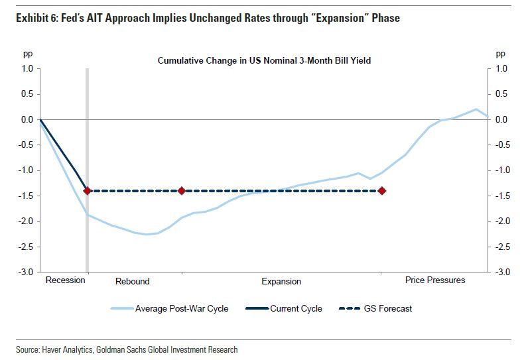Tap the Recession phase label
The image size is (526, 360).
coord(65,280)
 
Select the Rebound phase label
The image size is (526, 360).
coord(133,281)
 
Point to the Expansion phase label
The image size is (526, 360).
coord(281,281)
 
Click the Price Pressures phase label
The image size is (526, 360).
coord(435,280)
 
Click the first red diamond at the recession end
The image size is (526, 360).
coord(87,191)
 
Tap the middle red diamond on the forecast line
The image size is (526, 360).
coord(181,191)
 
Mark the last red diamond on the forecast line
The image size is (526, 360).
coord(381,191)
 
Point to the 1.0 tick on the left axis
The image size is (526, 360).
coord(27,68)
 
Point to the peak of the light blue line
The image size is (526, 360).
coord(476,109)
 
